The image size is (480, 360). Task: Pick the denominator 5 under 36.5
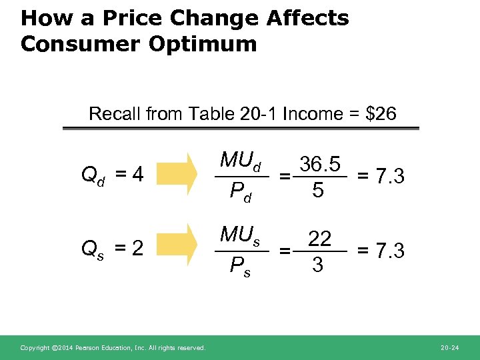pos(319,191)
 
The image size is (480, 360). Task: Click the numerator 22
pos(319,238)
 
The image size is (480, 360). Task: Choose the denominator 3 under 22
pos(319,265)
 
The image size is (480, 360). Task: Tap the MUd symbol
pos(241,162)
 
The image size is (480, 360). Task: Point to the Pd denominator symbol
pos(239,193)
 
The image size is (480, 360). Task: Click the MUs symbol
pos(240,235)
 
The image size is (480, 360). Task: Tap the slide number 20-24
pos(450,348)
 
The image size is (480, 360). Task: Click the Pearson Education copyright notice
pos(113,348)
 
